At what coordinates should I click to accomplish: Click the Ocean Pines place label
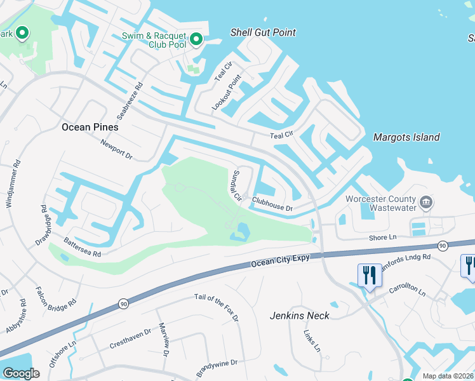90,127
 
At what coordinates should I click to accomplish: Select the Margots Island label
406,137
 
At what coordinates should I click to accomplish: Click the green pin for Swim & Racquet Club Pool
196,41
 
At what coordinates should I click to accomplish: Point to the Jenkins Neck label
300,315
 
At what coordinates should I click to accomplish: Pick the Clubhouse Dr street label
272,203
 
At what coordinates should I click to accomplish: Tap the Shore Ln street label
383,237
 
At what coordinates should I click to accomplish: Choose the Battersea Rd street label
83,246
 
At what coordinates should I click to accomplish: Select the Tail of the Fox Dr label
217,307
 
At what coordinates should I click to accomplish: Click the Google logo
22,373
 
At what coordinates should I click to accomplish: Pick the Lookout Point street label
227,93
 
